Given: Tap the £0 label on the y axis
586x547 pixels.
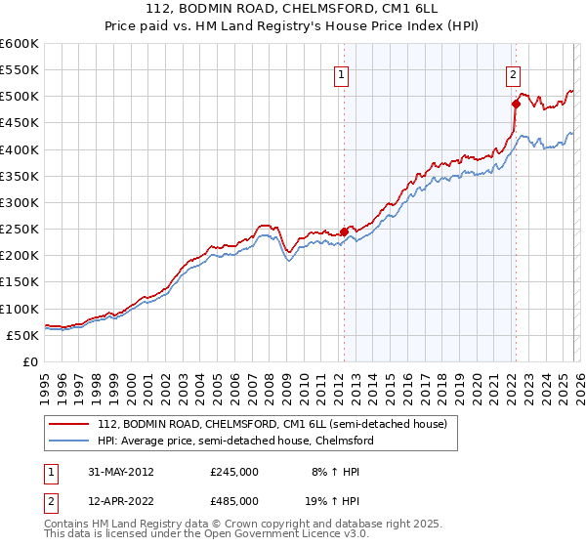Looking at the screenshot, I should point(29,361).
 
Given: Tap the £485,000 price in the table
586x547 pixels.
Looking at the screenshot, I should point(234,502).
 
